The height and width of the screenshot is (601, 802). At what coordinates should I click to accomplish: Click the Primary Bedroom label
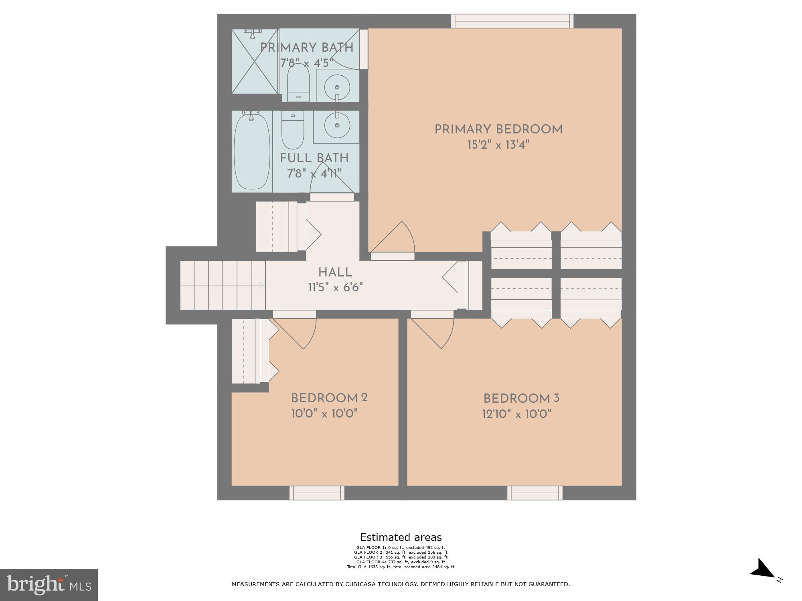click(x=498, y=129)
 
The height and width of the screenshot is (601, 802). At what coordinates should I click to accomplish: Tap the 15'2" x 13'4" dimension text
click(x=498, y=145)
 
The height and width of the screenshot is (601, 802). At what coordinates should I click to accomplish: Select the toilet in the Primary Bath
click(x=298, y=83)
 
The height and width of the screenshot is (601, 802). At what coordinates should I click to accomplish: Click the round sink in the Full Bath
click(x=337, y=125)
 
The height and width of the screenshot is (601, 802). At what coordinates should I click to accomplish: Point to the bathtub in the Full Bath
click(x=252, y=151)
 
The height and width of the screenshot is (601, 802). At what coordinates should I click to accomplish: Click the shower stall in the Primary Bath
click(x=255, y=61)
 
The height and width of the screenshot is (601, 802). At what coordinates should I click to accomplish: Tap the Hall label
click(x=335, y=272)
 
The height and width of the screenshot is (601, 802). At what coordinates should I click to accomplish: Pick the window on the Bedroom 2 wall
click(x=317, y=493)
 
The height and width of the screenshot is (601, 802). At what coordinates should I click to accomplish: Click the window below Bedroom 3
click(x=535, y=493)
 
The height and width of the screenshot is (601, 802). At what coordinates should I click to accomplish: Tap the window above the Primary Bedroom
click(x=512, y=21)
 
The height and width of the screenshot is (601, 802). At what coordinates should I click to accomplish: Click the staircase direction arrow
click(x=261, y=285)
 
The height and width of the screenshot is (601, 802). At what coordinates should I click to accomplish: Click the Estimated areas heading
click(x=401, y=537)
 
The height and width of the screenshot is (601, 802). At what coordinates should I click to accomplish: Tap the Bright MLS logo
click(x=49, y=585)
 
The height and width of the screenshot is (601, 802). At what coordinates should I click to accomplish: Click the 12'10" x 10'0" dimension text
click(x=516, y=414)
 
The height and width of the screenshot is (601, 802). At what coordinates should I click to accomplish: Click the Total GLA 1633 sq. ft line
click(x=401, y=567)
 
